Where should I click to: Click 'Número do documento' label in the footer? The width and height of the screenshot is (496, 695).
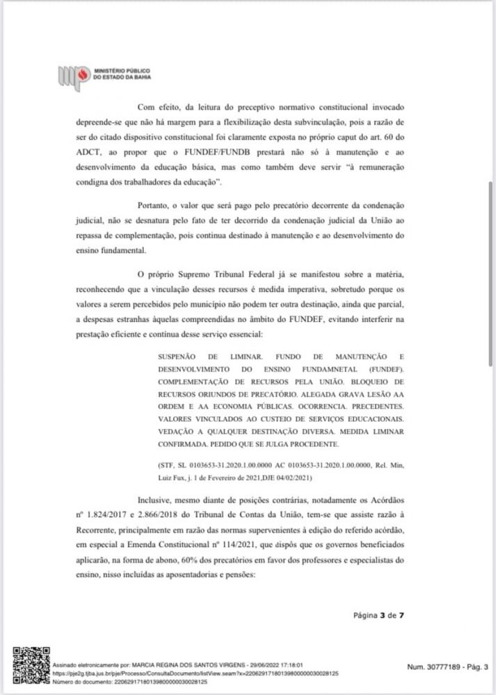[x=76, y=682]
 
